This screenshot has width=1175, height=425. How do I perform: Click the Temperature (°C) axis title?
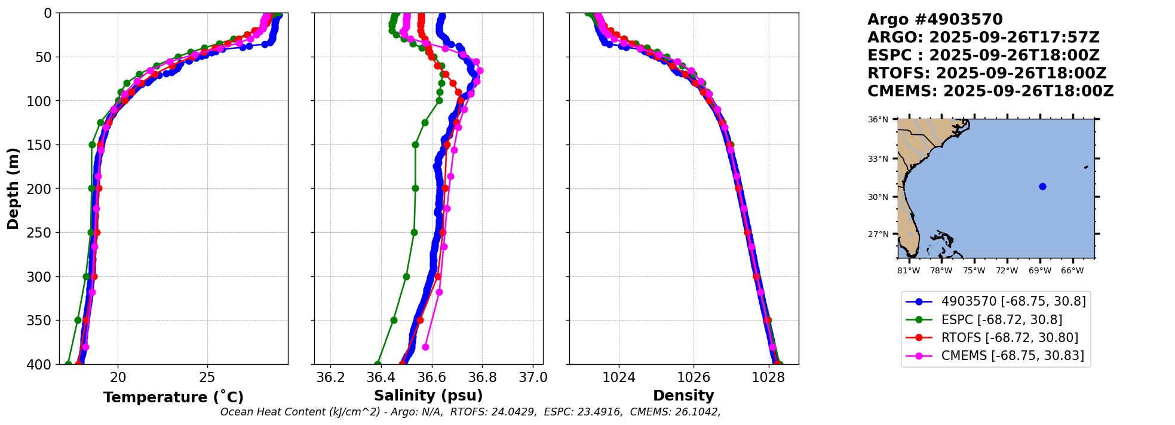click(x=173, y=398)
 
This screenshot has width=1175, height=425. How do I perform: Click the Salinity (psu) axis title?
click(x=428, y=396)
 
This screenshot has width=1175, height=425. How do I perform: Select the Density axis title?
click(x=683, y=396)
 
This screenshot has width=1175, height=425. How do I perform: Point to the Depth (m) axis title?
click(x=13, y=188)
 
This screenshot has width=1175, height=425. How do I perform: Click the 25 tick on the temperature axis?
click(x=207, y=377)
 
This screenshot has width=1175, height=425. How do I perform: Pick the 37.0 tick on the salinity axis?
click(x=533, y=377)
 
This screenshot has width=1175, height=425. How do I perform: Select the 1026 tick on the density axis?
click(x=694, y=377)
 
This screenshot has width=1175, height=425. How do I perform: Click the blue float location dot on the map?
click(x=1042, y=186)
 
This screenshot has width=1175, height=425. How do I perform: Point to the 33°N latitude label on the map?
click(x=878, y=159)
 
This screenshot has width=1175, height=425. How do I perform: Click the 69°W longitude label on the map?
click(x=1039, y=270)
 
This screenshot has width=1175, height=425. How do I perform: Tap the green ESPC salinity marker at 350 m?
click(x=394, y=320)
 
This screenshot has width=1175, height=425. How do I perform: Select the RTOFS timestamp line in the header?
click(x=987, y=73)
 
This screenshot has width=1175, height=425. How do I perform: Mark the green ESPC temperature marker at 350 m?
click(x=78, y=320)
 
